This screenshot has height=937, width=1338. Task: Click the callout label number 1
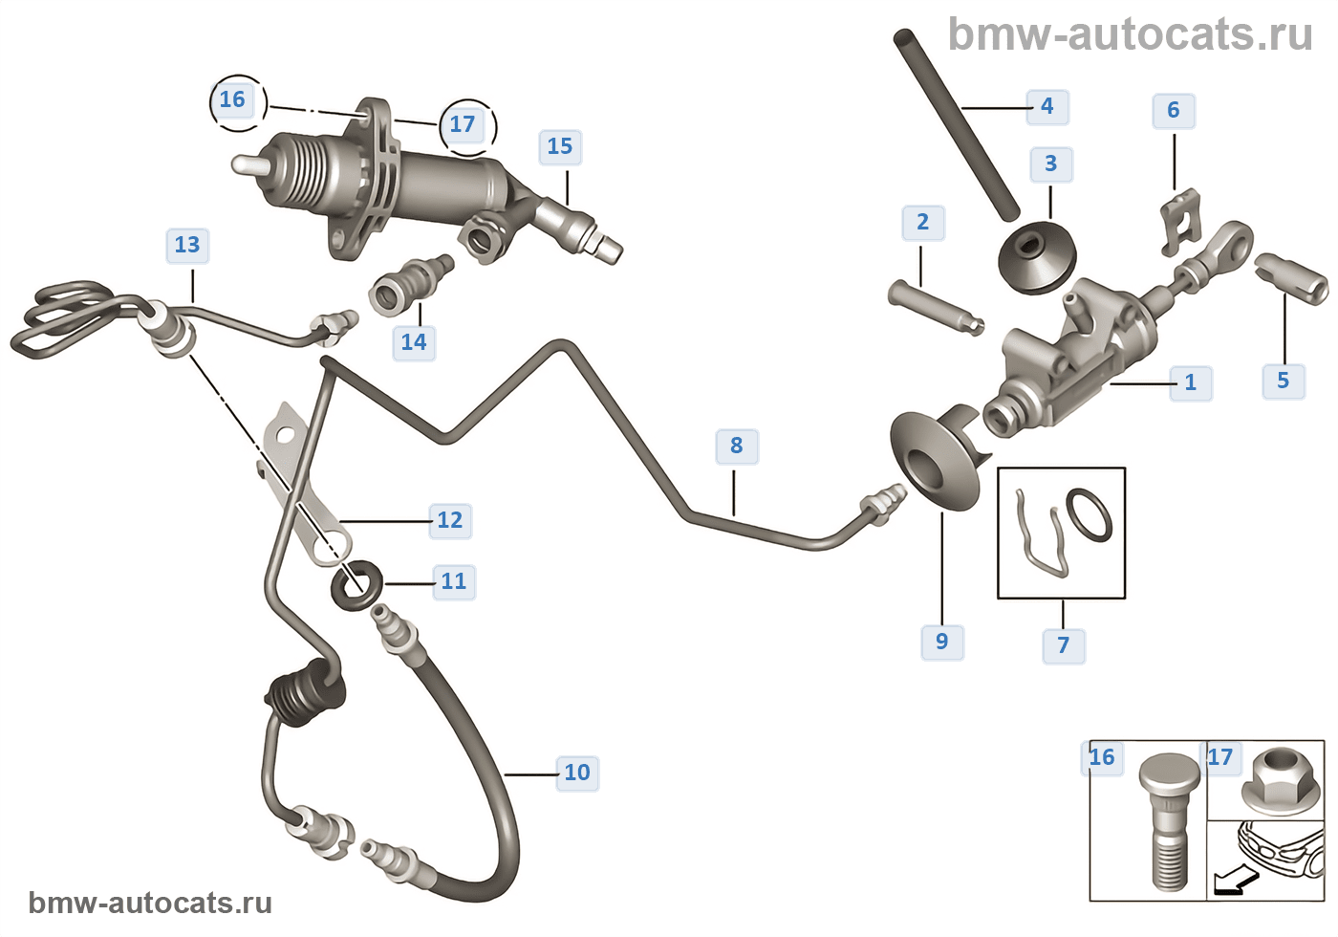(1190, 382)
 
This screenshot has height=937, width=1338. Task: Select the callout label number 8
(736, 446)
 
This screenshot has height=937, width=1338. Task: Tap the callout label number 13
(187, 245)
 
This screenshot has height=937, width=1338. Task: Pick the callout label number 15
(560, 146)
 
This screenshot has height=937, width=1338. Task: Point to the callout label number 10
(577, 773)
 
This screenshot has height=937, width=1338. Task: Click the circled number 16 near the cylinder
(232, 99)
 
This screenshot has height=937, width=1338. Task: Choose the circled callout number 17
(463, 124)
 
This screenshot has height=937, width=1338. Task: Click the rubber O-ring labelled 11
(356, 584)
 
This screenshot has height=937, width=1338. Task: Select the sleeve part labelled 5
(1293, 277)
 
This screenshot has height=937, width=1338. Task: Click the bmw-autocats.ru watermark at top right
(1130, 34)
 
